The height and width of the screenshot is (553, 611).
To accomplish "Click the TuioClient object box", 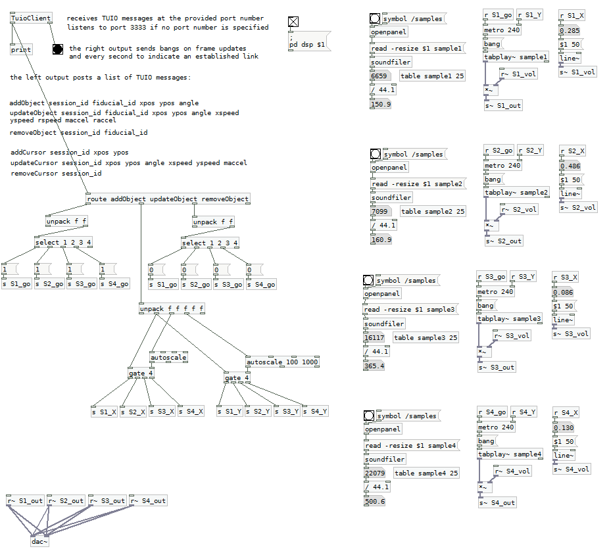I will (x=31, y=18).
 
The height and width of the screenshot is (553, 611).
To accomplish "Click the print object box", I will (x=21, y=49).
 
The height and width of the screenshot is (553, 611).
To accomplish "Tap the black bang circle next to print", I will (x=58, y=49).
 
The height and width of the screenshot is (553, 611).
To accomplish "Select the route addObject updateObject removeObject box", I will (x=168, y=199).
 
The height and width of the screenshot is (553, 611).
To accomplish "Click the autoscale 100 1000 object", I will (x=282, y=362).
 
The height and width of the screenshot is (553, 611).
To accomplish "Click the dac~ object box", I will (x=40, y=542).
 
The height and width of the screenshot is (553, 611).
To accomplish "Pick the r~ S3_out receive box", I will (x=107, y=500).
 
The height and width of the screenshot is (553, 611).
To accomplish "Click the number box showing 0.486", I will (x=570, y=166).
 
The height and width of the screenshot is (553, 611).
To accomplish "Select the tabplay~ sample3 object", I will (x=510, y=319).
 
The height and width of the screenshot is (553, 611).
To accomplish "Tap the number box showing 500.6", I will (x=374, y=501).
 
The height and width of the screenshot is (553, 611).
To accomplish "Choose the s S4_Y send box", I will (x=314, y=412).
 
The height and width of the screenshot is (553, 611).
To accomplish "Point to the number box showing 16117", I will (x=374, y=337).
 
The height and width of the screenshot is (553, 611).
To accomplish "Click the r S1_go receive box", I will (x=498, y=14).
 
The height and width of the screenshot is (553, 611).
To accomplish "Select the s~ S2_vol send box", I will (x=578, y=207).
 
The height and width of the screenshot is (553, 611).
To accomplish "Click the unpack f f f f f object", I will (x=172, y=308).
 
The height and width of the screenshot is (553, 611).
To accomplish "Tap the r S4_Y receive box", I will (x=523, y=412).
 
